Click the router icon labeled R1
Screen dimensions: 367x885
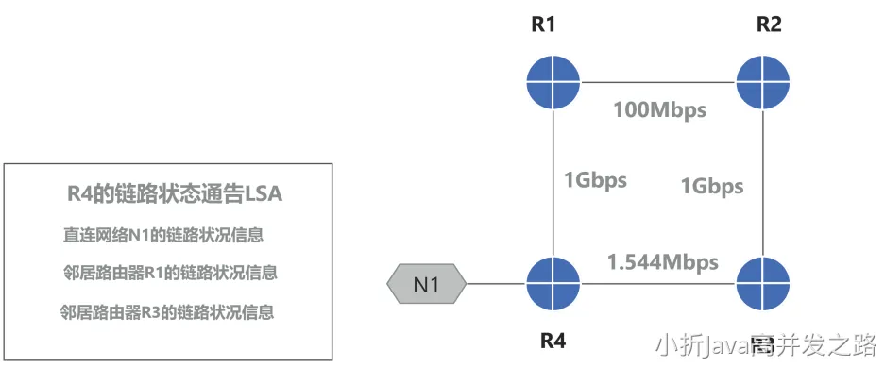[553, 79]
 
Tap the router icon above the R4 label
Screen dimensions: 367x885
[553, 280]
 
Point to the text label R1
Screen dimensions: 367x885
[544, 25]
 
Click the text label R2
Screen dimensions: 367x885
[769, 25]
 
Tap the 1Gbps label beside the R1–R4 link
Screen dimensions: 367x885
[596, 180]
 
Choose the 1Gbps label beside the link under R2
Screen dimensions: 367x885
[711, 186]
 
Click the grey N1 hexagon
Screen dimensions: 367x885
[427, 282]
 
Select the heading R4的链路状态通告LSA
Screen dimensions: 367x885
[169, 194]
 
